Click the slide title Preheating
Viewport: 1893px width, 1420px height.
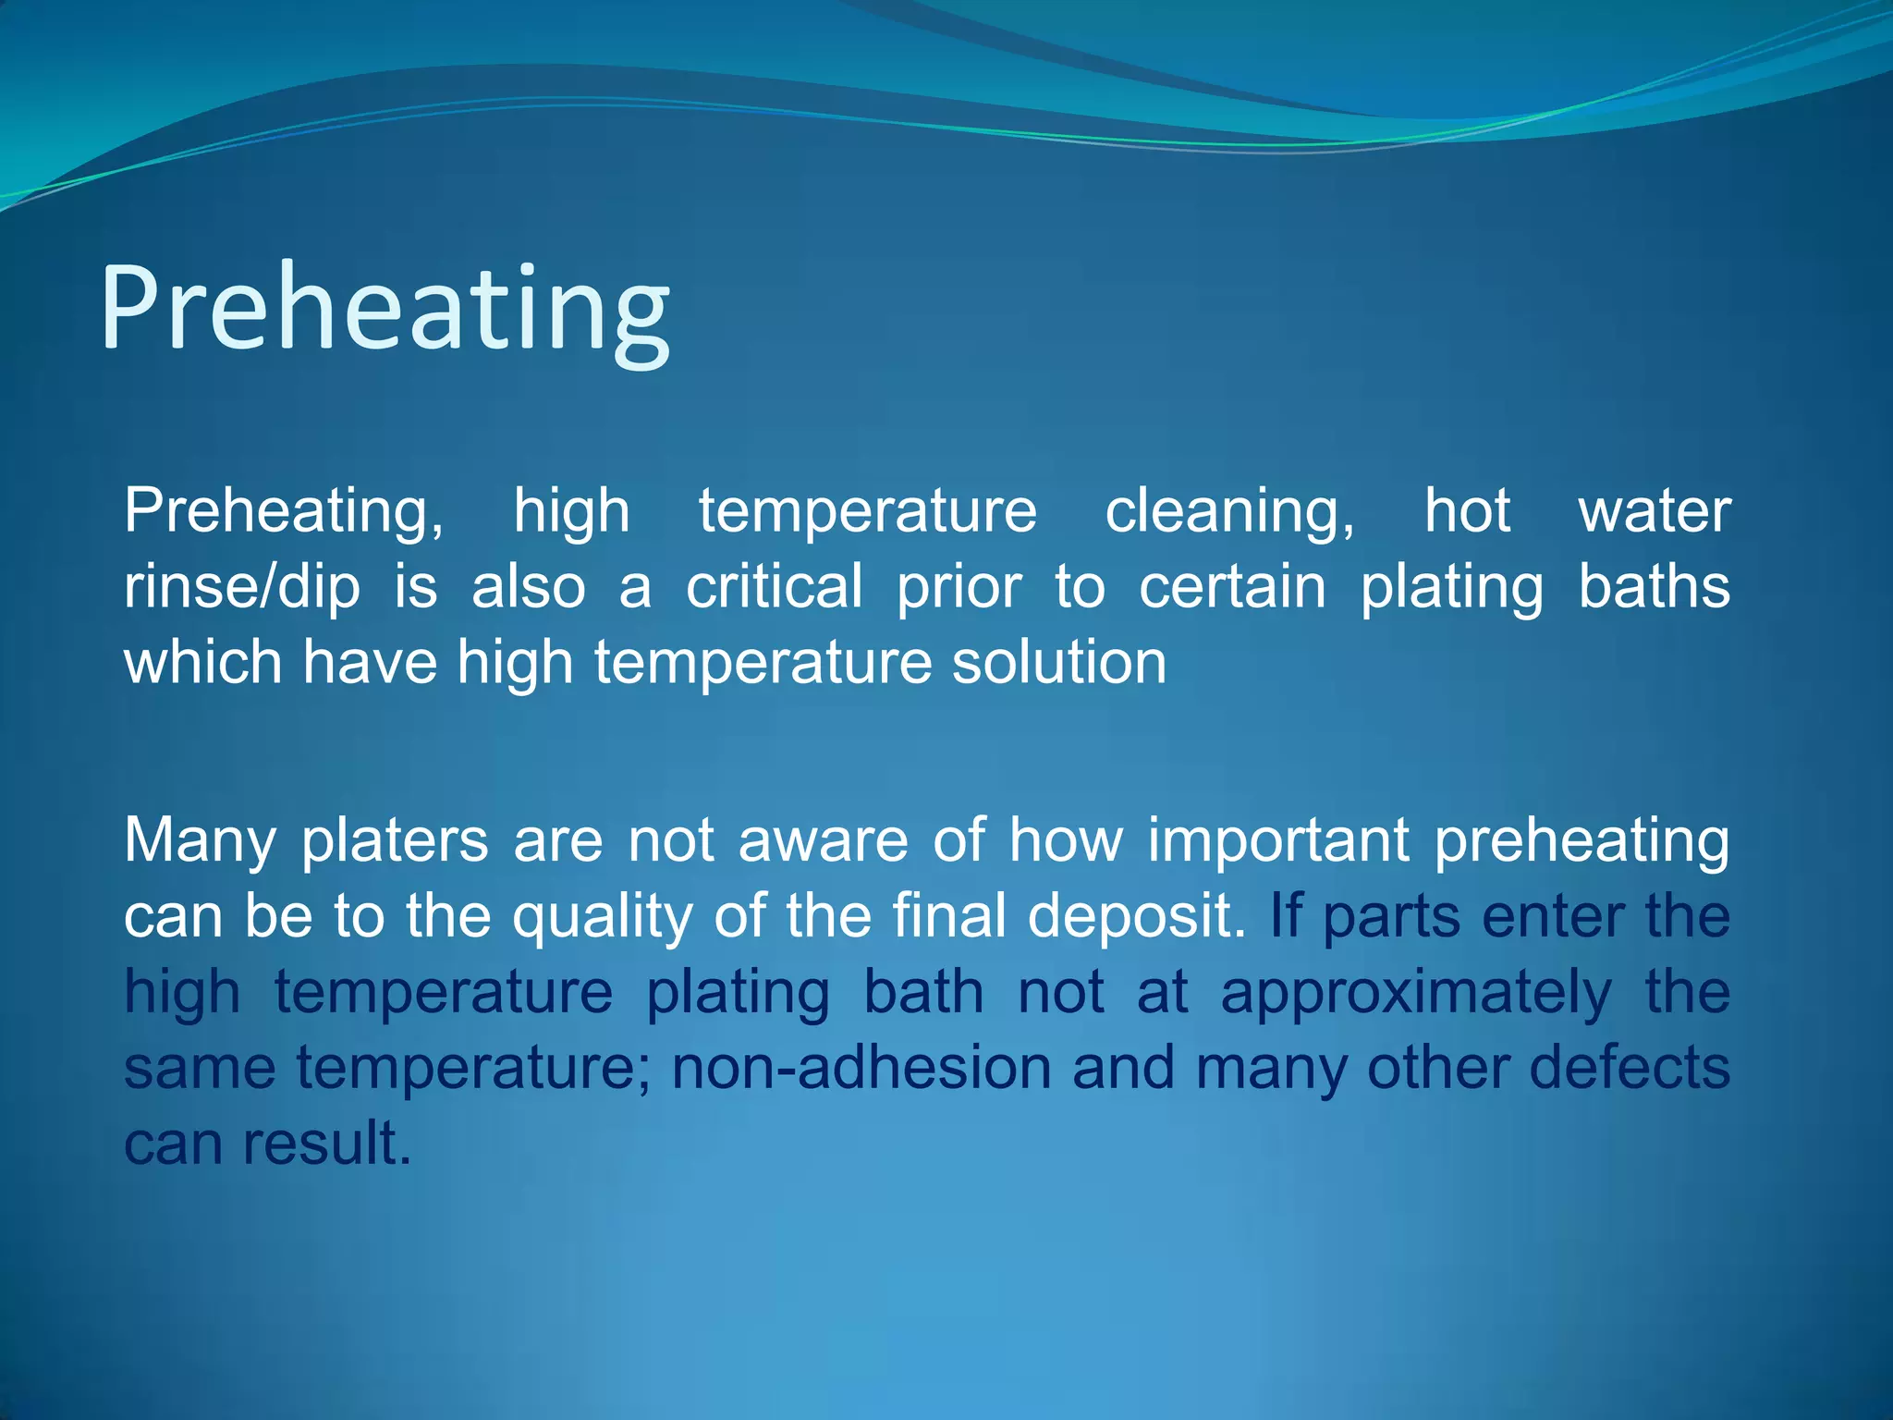(385, 310)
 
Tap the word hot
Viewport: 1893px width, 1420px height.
(1467, 510)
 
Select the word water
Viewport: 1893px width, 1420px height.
(1654, 511)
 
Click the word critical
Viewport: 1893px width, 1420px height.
(774, 587)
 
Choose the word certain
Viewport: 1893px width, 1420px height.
(1232, 587)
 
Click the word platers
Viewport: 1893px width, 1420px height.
(395, 841)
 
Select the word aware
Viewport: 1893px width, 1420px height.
(823, 841)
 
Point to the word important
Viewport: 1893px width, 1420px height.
(1277, 841)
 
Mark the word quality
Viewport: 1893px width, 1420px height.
(602, 918)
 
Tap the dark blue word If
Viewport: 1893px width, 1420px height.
(1286, 916)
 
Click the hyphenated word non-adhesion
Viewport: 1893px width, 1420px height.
(861, 1069)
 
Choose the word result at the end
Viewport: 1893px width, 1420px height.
(325, 1145)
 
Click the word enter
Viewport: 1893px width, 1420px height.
(1552, 917)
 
